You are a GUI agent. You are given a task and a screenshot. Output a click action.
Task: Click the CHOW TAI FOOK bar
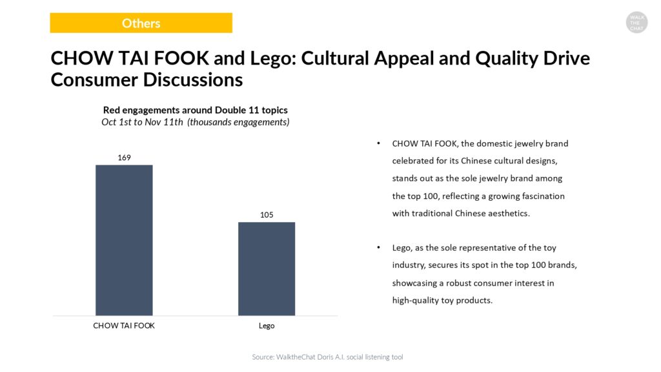coord(124,240)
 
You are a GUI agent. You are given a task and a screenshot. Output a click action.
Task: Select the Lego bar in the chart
coord(267,269)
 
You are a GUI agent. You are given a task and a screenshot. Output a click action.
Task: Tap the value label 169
coord(125,157)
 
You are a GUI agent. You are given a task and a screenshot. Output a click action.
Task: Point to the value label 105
coord(267,214)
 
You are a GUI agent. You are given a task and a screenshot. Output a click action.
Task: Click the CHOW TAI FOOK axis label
coord(124,325)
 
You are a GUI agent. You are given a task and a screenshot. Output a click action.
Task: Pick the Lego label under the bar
coord(267,325)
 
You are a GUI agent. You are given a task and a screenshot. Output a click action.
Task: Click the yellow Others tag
coord(141,23)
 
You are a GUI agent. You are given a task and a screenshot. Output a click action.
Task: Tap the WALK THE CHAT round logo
coord(636,23)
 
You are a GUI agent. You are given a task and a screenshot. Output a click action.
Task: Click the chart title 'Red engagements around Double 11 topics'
coord(196,110)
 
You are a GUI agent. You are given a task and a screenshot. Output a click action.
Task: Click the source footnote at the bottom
coord(327,357)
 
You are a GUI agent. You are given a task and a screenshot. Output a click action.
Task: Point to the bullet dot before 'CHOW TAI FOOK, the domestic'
coord(379,143)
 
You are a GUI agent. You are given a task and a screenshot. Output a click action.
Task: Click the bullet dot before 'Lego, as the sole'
coord(379,248)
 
